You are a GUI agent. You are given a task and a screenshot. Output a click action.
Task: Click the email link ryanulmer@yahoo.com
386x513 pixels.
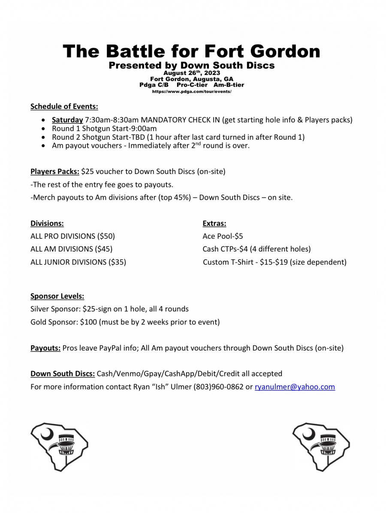coord(295,387)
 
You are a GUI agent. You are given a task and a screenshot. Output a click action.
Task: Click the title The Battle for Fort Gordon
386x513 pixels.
coord(192,51)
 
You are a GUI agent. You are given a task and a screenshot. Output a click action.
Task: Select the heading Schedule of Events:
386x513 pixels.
coord(64,107)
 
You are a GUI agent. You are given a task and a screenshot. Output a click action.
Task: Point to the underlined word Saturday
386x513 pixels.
coord(67,120)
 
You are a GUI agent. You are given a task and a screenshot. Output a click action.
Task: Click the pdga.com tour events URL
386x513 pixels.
coord(192,92)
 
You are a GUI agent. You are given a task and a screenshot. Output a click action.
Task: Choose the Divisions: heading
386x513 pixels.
coord(47,223)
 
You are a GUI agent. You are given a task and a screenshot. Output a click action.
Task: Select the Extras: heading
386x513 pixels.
coord(214,223)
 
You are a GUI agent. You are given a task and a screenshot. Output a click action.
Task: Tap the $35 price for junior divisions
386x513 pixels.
coord(117,262)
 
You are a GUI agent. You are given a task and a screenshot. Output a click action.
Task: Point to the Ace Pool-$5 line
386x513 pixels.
coord(223,236)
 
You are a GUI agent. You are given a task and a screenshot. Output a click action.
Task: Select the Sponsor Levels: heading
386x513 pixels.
coord(57,296)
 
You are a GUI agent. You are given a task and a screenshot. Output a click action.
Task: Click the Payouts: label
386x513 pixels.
coord(45,348)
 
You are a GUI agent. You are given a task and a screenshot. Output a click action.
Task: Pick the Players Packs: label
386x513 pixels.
coord(54,172)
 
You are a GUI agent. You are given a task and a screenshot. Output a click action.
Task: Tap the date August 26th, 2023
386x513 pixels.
coord(192,73)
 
